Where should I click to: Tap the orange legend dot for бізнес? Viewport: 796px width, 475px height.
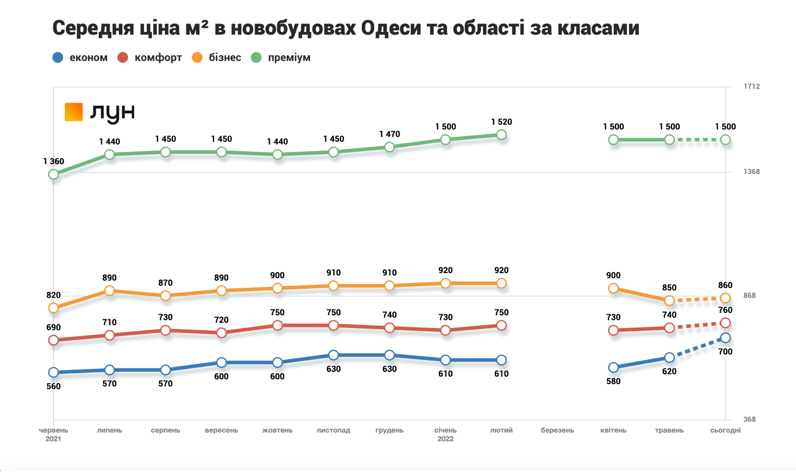[197, 57]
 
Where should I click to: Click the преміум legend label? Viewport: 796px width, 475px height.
[289, 57]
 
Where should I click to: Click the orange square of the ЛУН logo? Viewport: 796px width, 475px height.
[74, 112]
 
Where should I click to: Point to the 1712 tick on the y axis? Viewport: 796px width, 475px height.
[751, 86]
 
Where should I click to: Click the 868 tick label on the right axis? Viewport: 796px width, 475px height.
[749, 296]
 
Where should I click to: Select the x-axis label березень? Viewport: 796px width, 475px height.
[557, 430]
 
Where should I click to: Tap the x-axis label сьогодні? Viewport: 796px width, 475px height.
[725, 430]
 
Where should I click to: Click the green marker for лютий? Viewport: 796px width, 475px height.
[501, 135]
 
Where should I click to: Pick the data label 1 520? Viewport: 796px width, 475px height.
[501, 122]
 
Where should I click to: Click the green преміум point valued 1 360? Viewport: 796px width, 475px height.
[54, 174]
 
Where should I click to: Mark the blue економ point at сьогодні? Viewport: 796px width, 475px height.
[725, 338]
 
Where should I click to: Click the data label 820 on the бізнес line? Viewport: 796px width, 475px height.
[54, 295]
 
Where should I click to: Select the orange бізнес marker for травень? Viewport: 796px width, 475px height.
[669, 301]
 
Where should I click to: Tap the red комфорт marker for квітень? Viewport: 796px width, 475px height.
[613, 331]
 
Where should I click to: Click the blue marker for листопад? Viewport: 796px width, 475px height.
[334, 355]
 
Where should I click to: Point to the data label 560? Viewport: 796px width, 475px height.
[54, 386]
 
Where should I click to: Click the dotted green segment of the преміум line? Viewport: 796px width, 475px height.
[698, 140]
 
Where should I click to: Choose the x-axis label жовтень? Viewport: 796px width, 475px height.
[277, 430]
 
